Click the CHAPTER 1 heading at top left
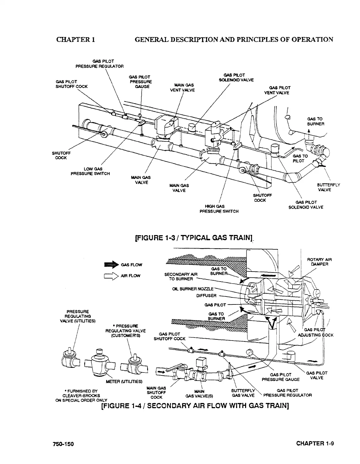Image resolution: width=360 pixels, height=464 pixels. [x=75, y=39]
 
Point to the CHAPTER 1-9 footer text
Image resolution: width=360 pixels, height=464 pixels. [x=315, y=443]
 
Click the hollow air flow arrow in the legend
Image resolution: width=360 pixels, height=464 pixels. [x=111, y=276]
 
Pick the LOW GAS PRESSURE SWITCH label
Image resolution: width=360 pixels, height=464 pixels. [x=90, y=171]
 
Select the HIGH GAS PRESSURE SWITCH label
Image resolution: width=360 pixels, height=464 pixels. [x=219, y=209]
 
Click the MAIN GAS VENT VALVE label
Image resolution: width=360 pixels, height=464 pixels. [x=182, y=87]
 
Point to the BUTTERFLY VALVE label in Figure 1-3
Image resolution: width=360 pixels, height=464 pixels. [x=328, y=187]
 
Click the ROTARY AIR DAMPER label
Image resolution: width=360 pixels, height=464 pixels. [x=319, y=262]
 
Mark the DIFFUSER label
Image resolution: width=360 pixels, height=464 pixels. [x=206, y=295]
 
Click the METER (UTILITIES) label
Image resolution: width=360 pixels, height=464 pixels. [x=124, y=381]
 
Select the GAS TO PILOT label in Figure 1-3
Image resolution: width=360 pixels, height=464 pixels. [x=300, y=158]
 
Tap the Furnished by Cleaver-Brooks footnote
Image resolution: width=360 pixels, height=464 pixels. [x=82, y=395]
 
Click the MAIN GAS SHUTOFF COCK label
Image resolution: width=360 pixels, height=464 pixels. [x=156, y=392]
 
